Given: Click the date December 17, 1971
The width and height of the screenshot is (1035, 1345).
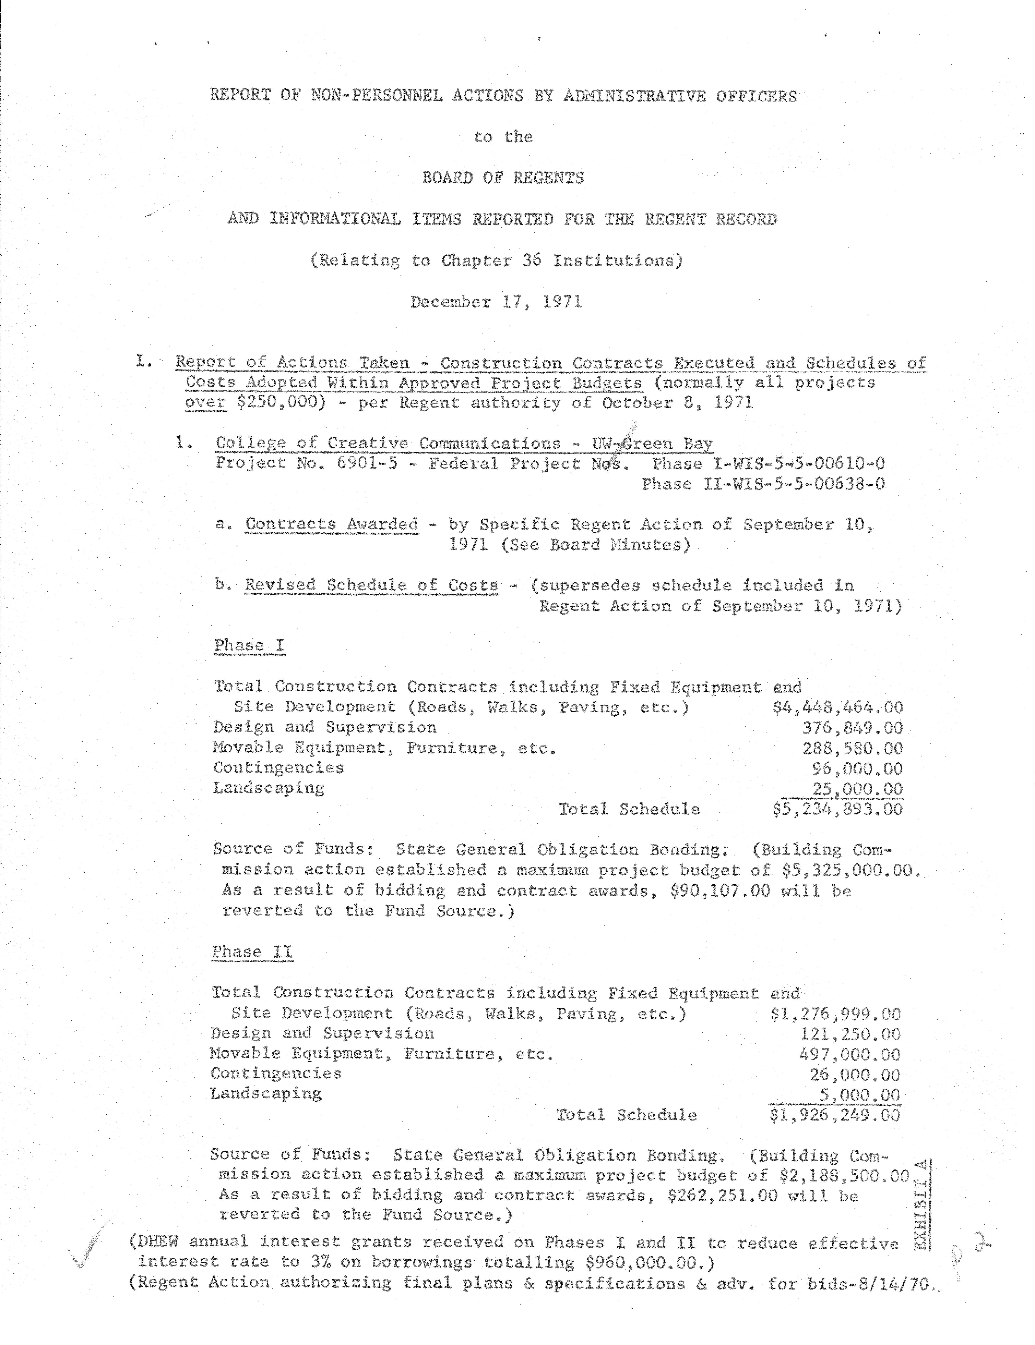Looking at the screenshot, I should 496,302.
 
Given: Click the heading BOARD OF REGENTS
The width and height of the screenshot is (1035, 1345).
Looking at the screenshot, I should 503,178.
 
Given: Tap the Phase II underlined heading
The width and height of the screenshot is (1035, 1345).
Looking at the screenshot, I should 252,952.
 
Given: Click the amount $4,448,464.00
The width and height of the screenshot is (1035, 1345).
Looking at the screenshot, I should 838,707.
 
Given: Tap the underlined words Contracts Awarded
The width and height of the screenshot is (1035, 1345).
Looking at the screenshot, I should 331,524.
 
